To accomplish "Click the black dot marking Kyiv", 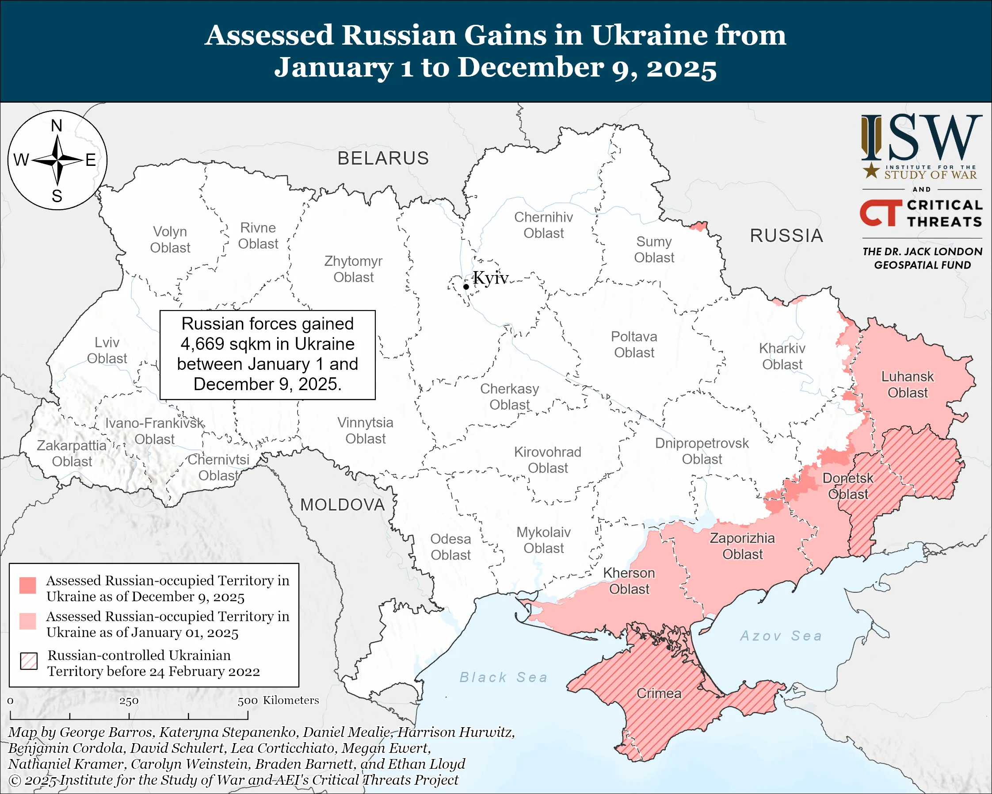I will coord(466,287).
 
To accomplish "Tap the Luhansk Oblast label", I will coord(907,385).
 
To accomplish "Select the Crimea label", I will coord(658,693).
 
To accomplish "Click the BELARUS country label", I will coord(383,158).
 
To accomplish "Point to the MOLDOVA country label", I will coord(342,505).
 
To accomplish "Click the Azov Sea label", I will coord(781,636).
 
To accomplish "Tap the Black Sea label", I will coord(504,678).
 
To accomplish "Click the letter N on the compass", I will coord(57,126).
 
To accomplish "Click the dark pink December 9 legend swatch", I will coord(27,586).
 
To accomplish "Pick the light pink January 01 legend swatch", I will coord(27,621).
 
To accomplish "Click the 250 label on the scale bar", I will coord(129,701).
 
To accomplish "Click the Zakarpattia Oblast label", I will coord(72,453).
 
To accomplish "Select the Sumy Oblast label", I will coord(654,249).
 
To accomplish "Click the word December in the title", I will coord(530,67).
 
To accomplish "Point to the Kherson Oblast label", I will coord(629,581).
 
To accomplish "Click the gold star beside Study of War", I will coord(870,171).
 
